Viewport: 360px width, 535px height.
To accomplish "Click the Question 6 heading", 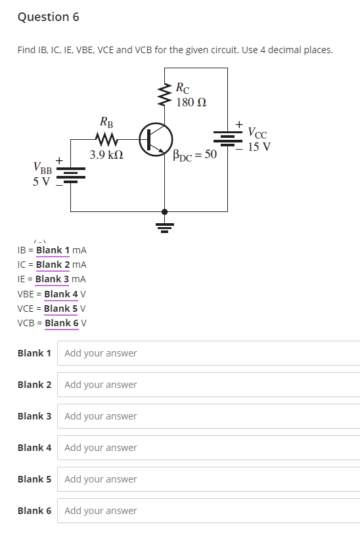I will click(48, 17).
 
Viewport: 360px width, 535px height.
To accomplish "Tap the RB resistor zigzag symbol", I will click(106, 139).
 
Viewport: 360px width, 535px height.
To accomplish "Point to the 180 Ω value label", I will click(191, 102).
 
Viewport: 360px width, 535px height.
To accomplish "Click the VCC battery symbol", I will click(227, 138).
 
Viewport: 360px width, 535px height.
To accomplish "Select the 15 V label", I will click(259, 146).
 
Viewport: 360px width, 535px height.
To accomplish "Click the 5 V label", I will click(41, 182).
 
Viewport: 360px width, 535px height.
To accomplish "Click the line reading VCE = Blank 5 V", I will click(52, 309).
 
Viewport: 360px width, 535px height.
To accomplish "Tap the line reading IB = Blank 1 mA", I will click(52, 250).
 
